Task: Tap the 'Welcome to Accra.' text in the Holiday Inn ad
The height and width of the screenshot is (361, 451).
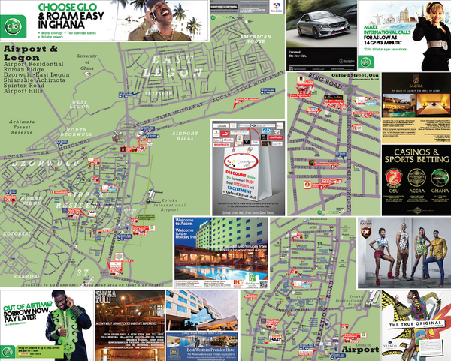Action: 191,223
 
